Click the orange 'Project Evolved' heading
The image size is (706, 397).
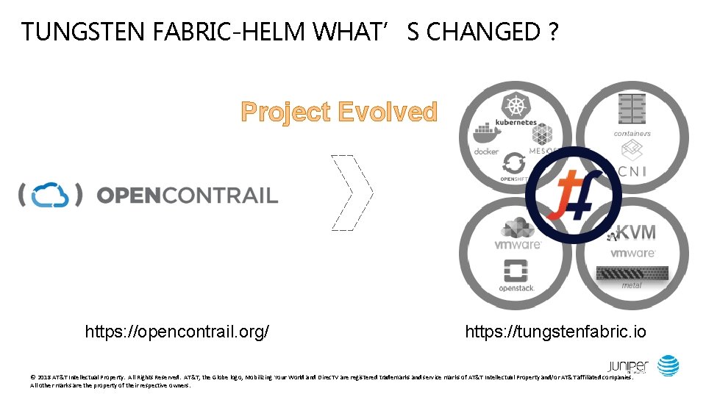click(x=339, y=112)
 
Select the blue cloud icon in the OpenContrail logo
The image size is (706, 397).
click(x=50, y=195)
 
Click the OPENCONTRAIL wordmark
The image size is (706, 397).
click(x=188, y=196)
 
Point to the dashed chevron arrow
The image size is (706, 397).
click(x=353, y=193)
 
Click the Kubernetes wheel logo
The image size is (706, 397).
click(x=514, y=106)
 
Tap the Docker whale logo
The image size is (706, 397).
click(x=485, y=135)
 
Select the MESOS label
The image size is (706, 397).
click(x=544, y=150)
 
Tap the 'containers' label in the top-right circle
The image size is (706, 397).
click(x=632, y=134)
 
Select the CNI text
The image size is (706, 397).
click(x=632, y=171)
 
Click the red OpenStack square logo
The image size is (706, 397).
click(x=516, y=271)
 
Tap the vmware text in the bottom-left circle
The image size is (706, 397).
click(x=517, y=244)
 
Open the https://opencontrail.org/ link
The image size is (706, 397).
click(x=176, y=332)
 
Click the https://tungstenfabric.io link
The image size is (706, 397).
click(x=555, y=332)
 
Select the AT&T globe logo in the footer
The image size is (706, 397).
click(x=668, y=365)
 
